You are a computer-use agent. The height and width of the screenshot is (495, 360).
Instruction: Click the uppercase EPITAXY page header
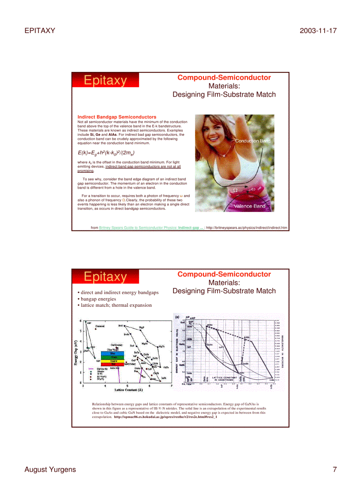(39, 30)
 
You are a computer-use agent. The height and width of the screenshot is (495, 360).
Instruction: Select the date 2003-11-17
(318, 30)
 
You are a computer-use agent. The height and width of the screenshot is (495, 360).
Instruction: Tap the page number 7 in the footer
(334, 469)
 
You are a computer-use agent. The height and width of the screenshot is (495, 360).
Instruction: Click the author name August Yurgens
(50, 469)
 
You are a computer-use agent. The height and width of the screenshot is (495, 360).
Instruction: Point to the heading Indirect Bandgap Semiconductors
(116, 117)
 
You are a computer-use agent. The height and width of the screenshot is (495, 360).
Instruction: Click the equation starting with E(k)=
(106, 153)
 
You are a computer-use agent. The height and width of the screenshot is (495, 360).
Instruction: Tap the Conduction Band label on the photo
(252, 141)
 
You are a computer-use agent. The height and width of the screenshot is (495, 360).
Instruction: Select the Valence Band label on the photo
(249, 206)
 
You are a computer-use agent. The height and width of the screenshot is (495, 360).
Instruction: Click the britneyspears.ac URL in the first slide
(247, 228)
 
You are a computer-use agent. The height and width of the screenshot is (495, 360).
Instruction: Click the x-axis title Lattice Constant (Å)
(128, 390)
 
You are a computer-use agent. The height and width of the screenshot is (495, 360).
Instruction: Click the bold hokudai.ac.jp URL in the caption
(165, 417)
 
